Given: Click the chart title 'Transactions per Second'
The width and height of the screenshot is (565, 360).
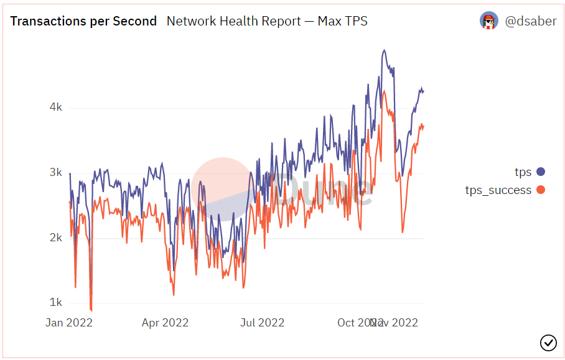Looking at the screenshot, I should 83,21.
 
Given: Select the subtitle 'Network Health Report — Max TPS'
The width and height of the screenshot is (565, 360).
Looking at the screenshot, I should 267,21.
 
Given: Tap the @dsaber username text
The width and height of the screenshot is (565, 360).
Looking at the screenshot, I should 530,21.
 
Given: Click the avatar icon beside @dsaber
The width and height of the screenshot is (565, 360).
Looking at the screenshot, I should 489,21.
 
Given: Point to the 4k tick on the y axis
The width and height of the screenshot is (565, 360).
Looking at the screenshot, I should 55,108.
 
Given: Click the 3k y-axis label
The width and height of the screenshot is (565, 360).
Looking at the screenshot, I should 55,173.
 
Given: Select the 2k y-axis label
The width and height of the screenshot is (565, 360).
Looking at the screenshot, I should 55,238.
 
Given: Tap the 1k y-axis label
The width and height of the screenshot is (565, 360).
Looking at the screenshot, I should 55,303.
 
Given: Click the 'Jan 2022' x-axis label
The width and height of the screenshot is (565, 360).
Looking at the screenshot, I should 69,323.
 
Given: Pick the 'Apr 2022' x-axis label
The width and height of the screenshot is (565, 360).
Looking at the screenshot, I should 165,323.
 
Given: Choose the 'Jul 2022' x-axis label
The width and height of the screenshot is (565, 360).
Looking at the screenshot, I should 262,323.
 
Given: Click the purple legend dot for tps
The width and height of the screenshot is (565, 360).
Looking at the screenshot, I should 540,172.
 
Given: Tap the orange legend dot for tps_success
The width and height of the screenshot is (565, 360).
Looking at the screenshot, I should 540,190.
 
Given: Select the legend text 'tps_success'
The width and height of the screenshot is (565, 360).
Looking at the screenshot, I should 498,190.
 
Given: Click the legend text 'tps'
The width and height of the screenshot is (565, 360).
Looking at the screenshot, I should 523,172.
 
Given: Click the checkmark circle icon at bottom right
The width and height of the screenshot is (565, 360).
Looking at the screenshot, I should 548,342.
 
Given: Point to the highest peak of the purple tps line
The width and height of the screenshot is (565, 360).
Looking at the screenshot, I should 385,50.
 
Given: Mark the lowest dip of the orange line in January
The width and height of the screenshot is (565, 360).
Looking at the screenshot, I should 91,310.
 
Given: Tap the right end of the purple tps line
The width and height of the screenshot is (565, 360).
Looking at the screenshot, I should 423,91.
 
